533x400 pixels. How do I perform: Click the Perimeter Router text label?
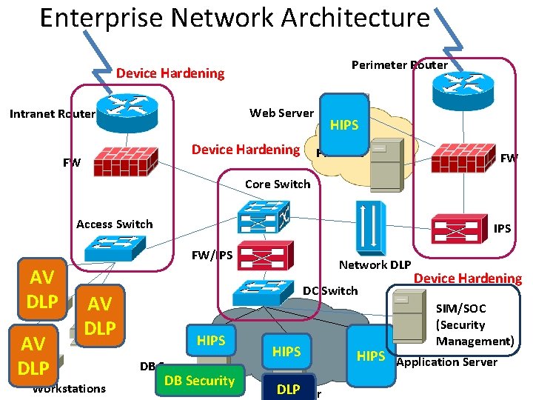pos(399,64)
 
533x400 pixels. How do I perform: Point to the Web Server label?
pos(281,113)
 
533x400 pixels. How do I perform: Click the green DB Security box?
pos(198,381)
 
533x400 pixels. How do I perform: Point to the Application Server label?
pos(447,362)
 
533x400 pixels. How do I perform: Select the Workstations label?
pos(69,389)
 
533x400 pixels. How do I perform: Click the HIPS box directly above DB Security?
pos(211,340)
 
